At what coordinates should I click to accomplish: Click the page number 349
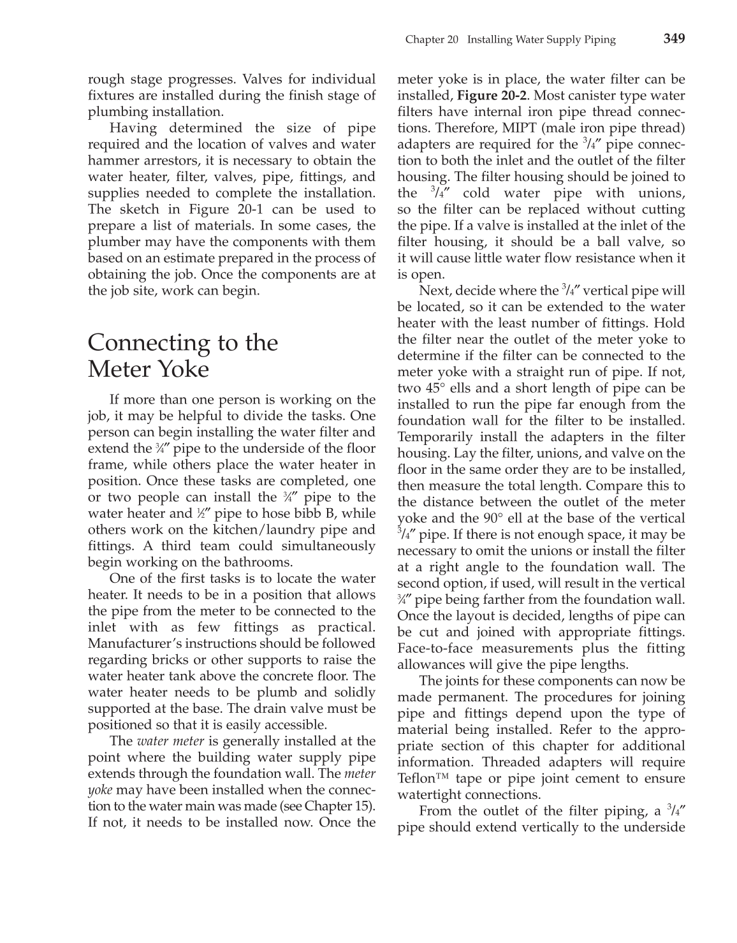coord(674,38)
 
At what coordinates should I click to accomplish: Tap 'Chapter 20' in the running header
coord(432,40)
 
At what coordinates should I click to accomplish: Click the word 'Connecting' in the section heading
coord(148,343)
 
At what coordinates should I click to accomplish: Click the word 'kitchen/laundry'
coord(275,530)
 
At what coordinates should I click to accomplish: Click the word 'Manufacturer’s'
coord(131,644)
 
